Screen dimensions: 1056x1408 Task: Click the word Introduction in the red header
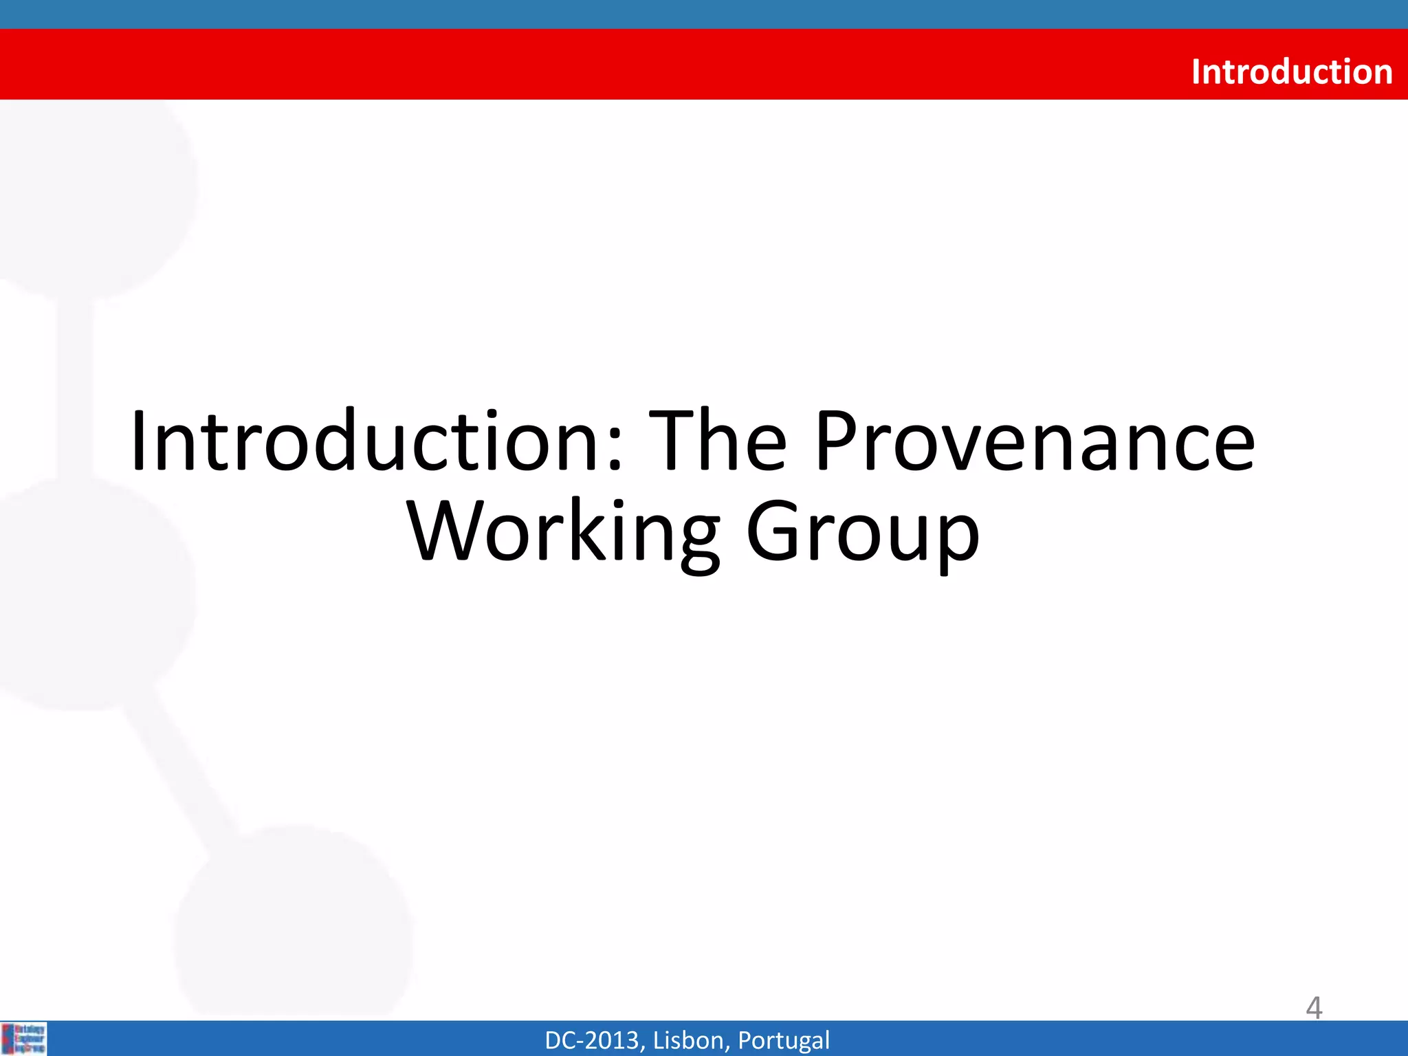point(1291,71)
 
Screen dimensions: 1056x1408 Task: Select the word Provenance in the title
point(1035,441)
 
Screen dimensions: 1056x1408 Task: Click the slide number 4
point(1314,1008)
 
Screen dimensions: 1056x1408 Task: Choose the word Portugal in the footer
point(783,1040)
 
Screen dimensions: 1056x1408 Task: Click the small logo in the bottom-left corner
point(24,1039)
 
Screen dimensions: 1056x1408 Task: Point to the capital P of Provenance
point(840,441)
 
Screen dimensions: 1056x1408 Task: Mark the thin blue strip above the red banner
point(704,14)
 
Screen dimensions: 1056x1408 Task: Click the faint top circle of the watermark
point(96,199)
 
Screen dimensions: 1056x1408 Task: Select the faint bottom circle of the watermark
point(296,921)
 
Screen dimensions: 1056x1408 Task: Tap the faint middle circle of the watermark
point(89,591)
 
